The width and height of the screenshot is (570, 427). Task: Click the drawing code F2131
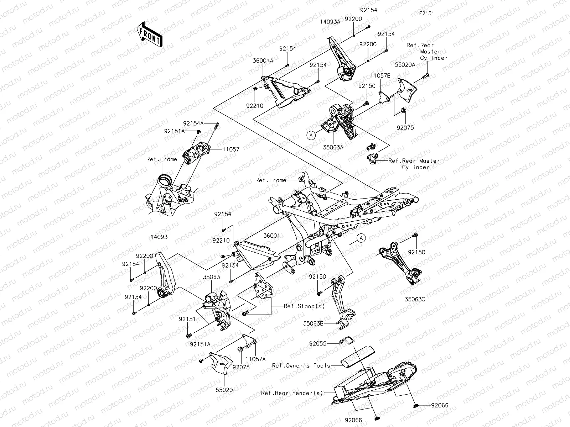point(426,14)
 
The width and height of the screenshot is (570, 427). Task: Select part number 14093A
point(330,21)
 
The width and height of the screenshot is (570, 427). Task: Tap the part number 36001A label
point(273,61)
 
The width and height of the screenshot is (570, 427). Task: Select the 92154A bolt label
point(193,123)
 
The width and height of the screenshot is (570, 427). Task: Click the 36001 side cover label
point(271,236)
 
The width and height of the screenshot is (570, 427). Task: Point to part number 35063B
point(313,324)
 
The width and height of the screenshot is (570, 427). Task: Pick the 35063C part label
point(415,299)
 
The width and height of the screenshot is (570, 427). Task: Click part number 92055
point(318,344)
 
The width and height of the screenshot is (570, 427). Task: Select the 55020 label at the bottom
point(224,390)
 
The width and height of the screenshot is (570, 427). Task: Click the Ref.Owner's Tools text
point(301,365)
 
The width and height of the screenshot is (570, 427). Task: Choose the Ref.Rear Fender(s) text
point(292,393)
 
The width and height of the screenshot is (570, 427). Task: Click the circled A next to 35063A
point(311,135)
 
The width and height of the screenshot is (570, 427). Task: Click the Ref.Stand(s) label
point(300,306)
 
